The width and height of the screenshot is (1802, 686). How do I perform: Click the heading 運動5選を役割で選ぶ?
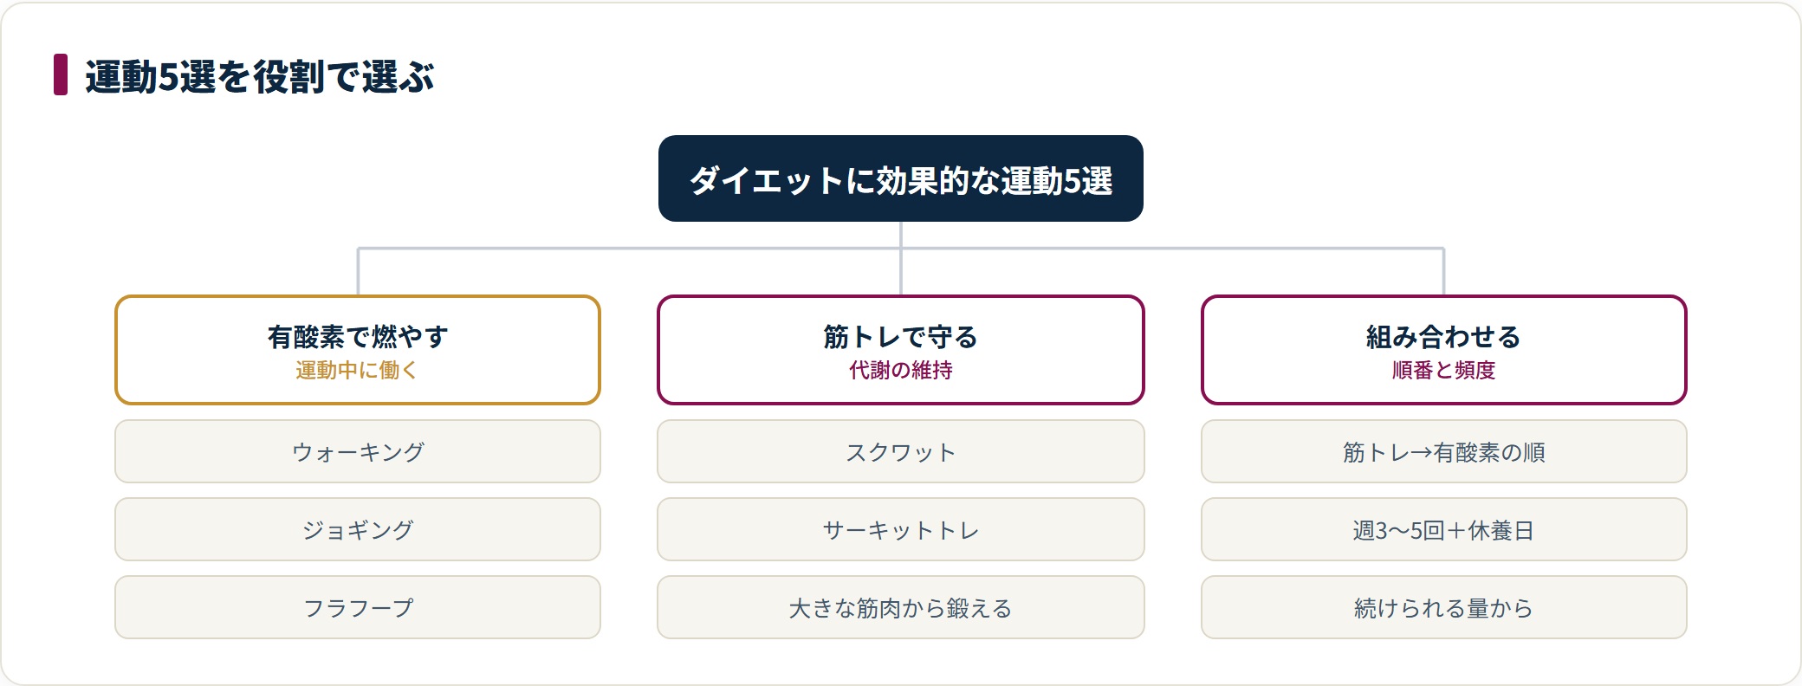[x=259, y=76]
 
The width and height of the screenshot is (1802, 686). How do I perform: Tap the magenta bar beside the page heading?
[x=61, y=74]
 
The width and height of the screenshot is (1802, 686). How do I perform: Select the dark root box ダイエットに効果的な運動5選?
[x=901, y=178]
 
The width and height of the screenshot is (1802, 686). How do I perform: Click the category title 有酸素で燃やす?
[x=358, y=336]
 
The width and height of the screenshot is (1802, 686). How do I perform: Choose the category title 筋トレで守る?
[x=901, y=336]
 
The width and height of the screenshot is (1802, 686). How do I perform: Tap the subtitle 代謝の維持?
[x=901, y=370]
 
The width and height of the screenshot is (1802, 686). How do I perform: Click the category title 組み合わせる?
[x=1443, y=336]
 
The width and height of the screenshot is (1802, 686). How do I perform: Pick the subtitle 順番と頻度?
[x=1443, y=370]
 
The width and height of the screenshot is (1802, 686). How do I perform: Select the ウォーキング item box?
[x=358, y=451]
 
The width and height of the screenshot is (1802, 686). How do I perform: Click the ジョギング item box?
[x=358, y=529]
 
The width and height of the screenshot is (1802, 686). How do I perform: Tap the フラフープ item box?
[x=358, y=607]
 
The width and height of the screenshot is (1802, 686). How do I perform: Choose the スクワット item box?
[x=901, y=451]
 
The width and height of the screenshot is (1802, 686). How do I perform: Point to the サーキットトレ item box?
[x=901, y=529]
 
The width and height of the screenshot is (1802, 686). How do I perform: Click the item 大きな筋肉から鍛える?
[x=901, y=607]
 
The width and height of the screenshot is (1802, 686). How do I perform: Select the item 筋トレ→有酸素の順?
[x=1443, y=451]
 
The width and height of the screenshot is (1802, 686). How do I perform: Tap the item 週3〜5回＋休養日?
[x=1443, y=529]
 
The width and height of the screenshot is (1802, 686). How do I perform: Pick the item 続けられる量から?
[x=1443, y=607]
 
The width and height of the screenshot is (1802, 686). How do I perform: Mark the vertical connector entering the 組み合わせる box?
[x=1443, y=272]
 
